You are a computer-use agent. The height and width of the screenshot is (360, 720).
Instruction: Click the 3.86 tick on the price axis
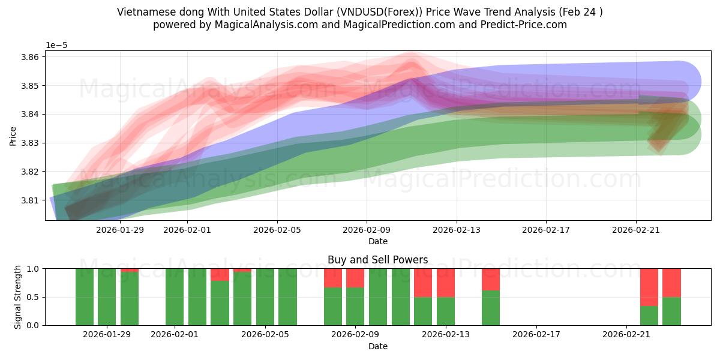(31, 57)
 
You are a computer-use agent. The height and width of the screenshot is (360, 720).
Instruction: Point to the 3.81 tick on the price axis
(31, 200)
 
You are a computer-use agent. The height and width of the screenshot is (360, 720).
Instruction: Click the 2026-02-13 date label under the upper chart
(457, 229)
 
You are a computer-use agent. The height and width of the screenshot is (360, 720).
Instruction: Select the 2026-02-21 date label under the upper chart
(636, 229)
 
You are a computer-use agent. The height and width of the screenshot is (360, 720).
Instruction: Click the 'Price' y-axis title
(13, 136)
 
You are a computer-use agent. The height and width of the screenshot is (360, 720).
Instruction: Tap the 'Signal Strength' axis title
(17, 296)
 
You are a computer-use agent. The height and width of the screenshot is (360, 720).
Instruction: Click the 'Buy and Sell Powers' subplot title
(377, 260)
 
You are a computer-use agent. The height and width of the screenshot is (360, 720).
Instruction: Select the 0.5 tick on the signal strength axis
(33, 297)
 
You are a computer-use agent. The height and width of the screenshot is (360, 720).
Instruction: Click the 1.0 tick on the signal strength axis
(33, 269)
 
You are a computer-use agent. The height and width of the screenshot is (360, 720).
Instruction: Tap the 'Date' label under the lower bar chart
(377, 346)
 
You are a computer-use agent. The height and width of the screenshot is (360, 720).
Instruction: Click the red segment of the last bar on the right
(671, 283)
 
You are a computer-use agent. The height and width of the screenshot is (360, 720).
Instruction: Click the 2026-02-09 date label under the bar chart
(356, 335)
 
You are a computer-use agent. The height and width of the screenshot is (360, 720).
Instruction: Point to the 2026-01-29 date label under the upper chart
(120, 229)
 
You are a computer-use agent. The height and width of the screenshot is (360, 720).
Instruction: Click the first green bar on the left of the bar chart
(85, 297)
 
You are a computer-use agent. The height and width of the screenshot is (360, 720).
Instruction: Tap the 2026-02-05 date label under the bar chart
(265, 335)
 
